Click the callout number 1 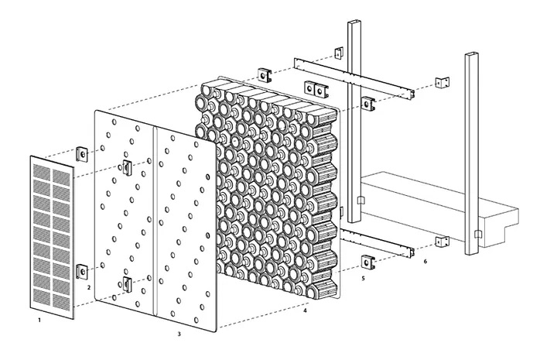[x=39, y=321]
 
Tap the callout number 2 [x=89, y=287]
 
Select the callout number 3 [x=179, y=334]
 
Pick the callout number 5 [x=363, y=279]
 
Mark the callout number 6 [x=425, y=262]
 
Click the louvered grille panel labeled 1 [x=53, y=238]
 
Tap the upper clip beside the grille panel [x=82, y=154]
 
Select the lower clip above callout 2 [x=82, y=272]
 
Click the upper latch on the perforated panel [x=127, y=167]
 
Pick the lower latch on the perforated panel [x=127, y=283]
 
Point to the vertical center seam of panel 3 [x=155, y=221]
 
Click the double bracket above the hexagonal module [x=316, y=89]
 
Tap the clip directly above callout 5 [x=368, y=262]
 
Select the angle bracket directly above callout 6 [x=442, y=242]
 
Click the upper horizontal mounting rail [x=354, y=78]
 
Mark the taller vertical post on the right [x=472, y=154]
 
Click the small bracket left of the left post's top [x=339, y=53]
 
